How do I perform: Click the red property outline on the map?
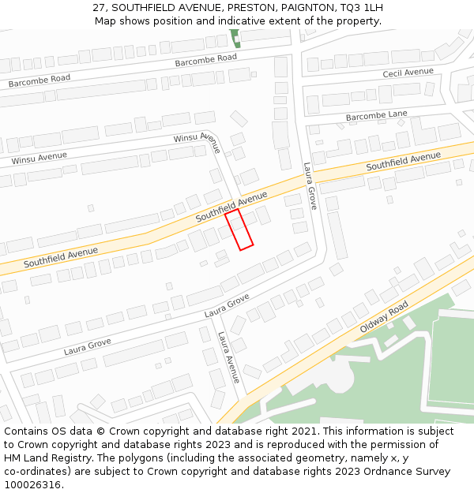tap(239, 230)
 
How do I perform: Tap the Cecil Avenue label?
tap(408, 73)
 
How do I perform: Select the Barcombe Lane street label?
tap(377, 116)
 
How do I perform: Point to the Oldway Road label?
tap(384, 316)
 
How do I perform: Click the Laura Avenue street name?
tap(228, 357)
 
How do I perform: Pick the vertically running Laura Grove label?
tap(310, 186)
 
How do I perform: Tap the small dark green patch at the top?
tap(235, 38)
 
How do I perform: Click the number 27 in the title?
tap(100, 7)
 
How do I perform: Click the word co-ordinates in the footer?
tap(36, 472)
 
